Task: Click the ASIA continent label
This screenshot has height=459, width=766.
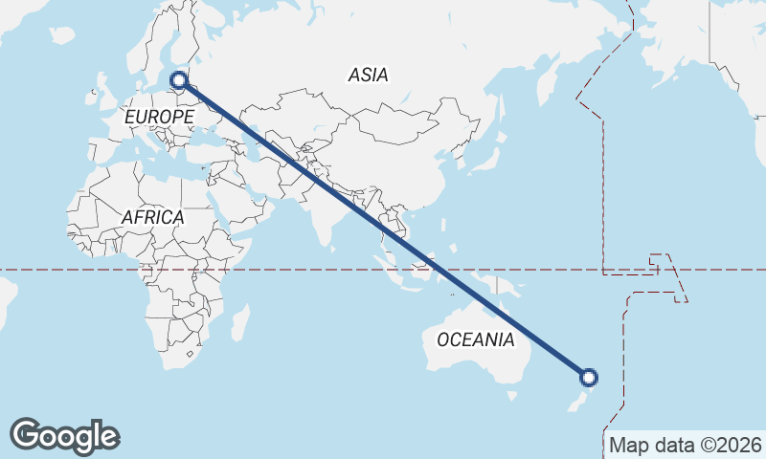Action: pyautogui.click(x=369, y=75)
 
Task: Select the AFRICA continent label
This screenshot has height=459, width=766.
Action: pyautogui.click(x=152, y=218)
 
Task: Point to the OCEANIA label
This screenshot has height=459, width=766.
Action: pyautogui.click(x=475, y=339)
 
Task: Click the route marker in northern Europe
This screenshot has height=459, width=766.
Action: pyautogui.click(x=179, y=81)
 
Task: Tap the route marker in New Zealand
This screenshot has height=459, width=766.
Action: pyautogui.click(x=590, y=378)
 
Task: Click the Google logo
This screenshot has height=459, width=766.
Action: pyautogui.click(x=64, y=436)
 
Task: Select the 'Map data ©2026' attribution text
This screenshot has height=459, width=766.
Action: pyautogui.click(x=686, y=445)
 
